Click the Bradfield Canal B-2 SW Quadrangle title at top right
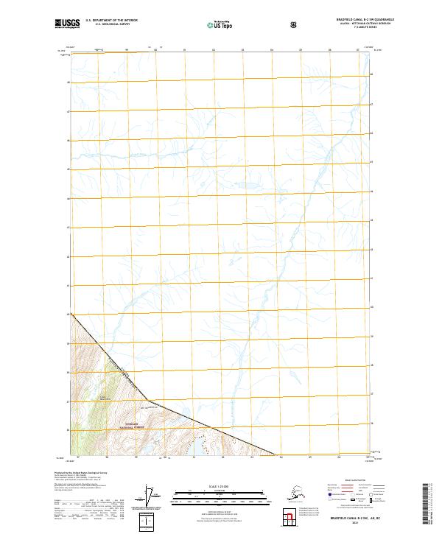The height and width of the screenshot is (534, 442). pyautogui.click(x=354, y=20)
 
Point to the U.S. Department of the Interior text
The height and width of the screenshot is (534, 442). pyautogui.click(x=111, y=21)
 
